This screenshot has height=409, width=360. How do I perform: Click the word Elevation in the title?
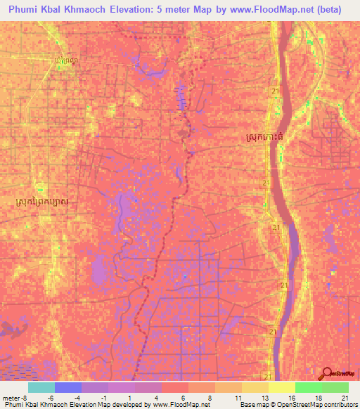pos(140,9)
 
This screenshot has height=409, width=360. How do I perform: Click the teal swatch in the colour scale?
pos(41,387)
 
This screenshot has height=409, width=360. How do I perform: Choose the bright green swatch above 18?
pos(308,387)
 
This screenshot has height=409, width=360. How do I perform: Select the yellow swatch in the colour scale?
pos(281,387)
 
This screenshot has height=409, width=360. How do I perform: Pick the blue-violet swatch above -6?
pos(67,387)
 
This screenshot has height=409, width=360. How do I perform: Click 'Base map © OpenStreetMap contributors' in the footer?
pos(297,405)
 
